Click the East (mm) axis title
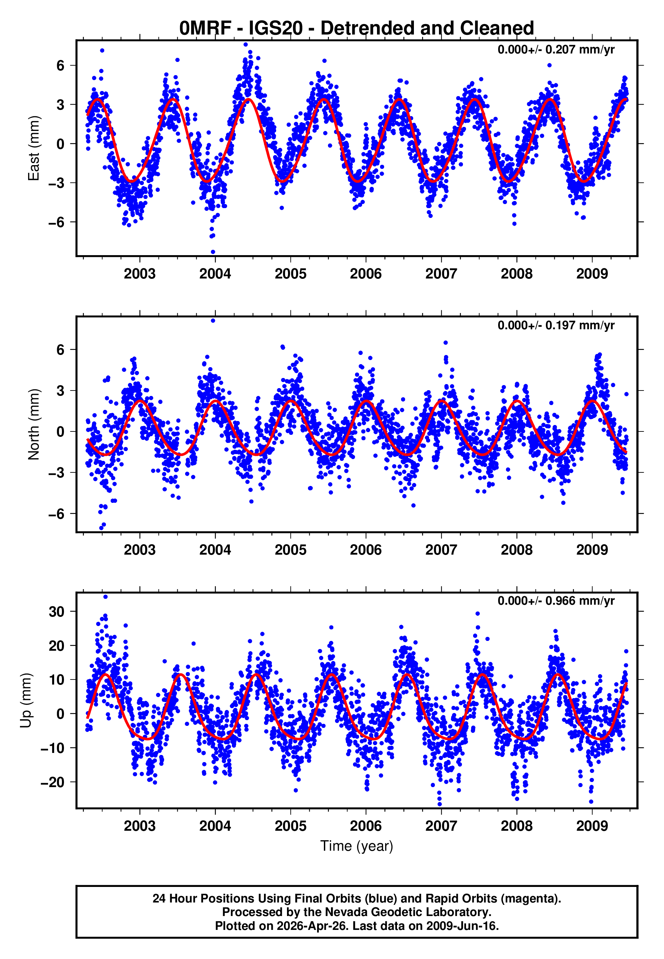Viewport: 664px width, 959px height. click(33, 149)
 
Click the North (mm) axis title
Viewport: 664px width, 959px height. click(33, 424)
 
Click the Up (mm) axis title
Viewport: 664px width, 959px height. click(26, 700)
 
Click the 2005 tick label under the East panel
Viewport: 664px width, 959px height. click(290, 274)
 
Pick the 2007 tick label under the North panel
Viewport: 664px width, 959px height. click(441, 550)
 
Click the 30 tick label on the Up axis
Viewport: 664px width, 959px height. click(57, 611)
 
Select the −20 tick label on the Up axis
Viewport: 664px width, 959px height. click(52, 782)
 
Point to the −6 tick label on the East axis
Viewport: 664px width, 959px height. click(56, 222)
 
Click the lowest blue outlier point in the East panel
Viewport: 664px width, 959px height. click(213, 252)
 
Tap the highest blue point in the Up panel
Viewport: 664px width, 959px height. click(106, 597)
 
